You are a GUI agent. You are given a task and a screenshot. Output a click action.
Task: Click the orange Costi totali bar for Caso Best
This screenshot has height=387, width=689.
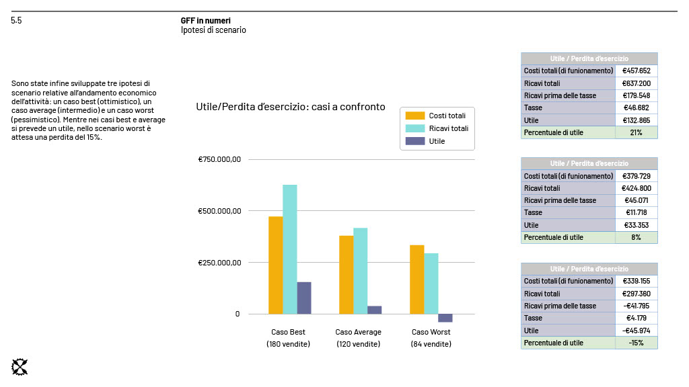[275, 265]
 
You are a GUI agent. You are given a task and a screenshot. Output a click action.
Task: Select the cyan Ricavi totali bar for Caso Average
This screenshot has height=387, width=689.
[360, 271]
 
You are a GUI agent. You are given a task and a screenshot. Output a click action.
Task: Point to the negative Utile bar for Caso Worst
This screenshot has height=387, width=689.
[445, 318]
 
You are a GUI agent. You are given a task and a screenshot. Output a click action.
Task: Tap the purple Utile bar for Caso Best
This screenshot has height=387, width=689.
[304, 298]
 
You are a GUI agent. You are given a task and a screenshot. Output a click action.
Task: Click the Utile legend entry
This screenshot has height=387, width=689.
[437, 141]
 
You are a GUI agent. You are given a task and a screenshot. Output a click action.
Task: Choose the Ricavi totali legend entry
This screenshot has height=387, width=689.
[448, 128]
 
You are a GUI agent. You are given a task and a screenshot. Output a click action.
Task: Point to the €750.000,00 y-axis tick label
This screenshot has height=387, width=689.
[219, 160]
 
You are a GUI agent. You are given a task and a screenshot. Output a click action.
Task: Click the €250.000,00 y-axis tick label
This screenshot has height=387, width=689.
[219, 263]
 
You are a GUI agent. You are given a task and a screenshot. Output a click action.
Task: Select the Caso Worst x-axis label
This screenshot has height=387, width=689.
[431, 332]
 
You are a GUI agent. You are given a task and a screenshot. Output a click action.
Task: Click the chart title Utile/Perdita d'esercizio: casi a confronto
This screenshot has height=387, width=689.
[290, 107]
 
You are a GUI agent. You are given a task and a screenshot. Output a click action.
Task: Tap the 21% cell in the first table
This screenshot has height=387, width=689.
[636, 132]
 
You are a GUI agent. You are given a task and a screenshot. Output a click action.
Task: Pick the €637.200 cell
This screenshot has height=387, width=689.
[636, 83]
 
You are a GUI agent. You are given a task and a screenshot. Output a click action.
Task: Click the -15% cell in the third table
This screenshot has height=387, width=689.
[636, 343]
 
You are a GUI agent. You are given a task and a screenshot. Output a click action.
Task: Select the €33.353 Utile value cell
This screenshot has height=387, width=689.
[636, 225]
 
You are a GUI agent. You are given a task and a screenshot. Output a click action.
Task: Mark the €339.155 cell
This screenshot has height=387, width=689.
[636, 282]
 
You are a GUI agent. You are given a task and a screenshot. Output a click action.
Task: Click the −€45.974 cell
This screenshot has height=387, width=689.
[636, 331]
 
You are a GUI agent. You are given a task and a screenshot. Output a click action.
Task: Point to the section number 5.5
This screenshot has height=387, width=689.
[16, 21]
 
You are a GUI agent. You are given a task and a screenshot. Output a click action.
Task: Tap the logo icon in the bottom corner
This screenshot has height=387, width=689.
[20, 367]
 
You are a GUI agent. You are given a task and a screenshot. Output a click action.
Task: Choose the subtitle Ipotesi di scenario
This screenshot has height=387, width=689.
[213, 30]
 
